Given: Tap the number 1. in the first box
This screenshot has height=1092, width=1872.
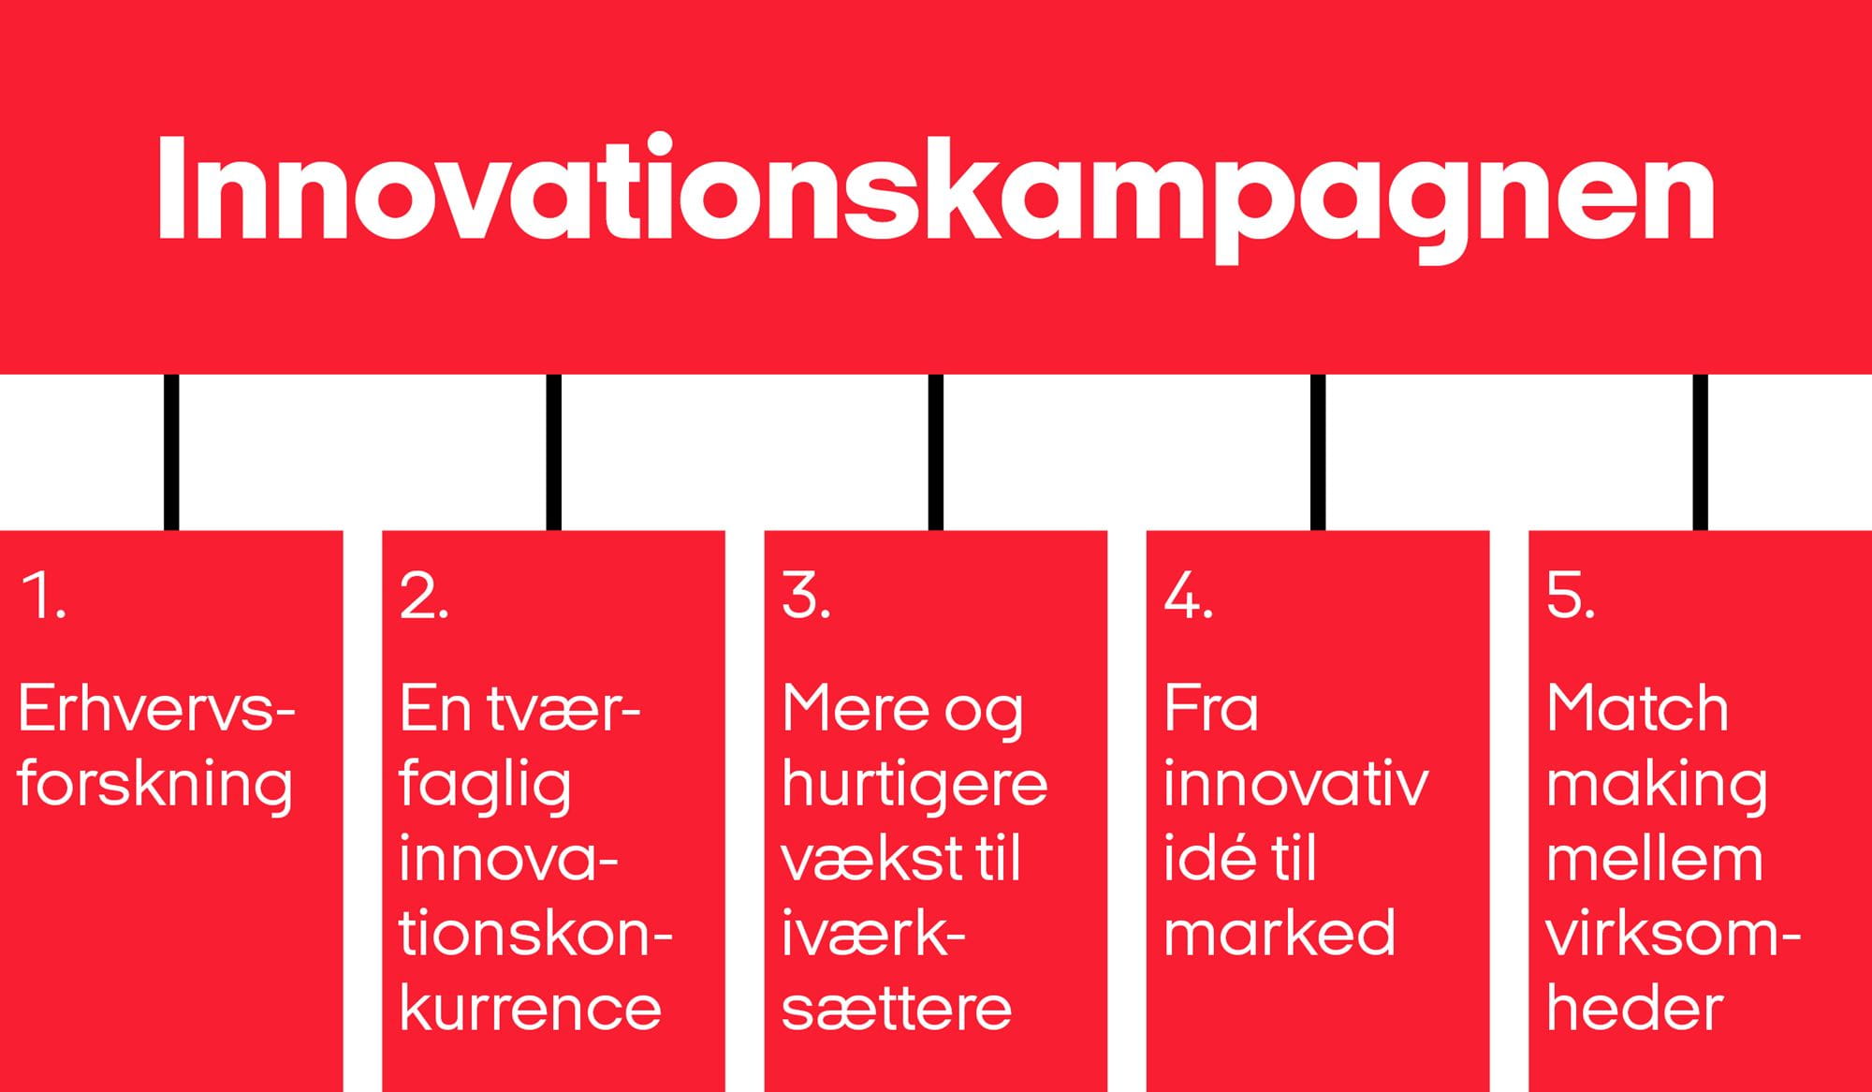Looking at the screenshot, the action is pos(43,596).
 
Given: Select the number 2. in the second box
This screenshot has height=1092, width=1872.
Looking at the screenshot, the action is pos(424,596).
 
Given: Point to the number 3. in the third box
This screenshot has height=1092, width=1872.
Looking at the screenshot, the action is pos(806,596).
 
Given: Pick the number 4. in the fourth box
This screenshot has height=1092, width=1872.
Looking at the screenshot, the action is pos(1189,596).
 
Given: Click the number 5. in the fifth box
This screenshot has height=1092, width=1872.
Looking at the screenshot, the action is pos(1571,596).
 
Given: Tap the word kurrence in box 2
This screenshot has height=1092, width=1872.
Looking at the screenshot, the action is pos(531,1008).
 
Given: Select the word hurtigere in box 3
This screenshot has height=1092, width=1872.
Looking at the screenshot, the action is pos(914,785).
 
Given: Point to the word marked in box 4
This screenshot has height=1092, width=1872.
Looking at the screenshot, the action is pos(1280,933).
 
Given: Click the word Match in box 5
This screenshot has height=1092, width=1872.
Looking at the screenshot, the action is pos(1637,708).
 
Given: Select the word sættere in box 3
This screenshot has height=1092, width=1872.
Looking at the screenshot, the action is pos(897,1009).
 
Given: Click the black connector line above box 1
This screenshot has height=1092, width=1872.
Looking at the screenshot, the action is pos(171,452).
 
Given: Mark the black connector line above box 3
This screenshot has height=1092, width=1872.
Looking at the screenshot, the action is pos(936,452).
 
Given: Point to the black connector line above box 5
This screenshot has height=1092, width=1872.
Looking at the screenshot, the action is pos(1701,452).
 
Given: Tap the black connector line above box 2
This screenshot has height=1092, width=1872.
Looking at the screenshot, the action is pos(554,452).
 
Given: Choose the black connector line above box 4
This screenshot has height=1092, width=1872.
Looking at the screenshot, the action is pos(1318,452).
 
